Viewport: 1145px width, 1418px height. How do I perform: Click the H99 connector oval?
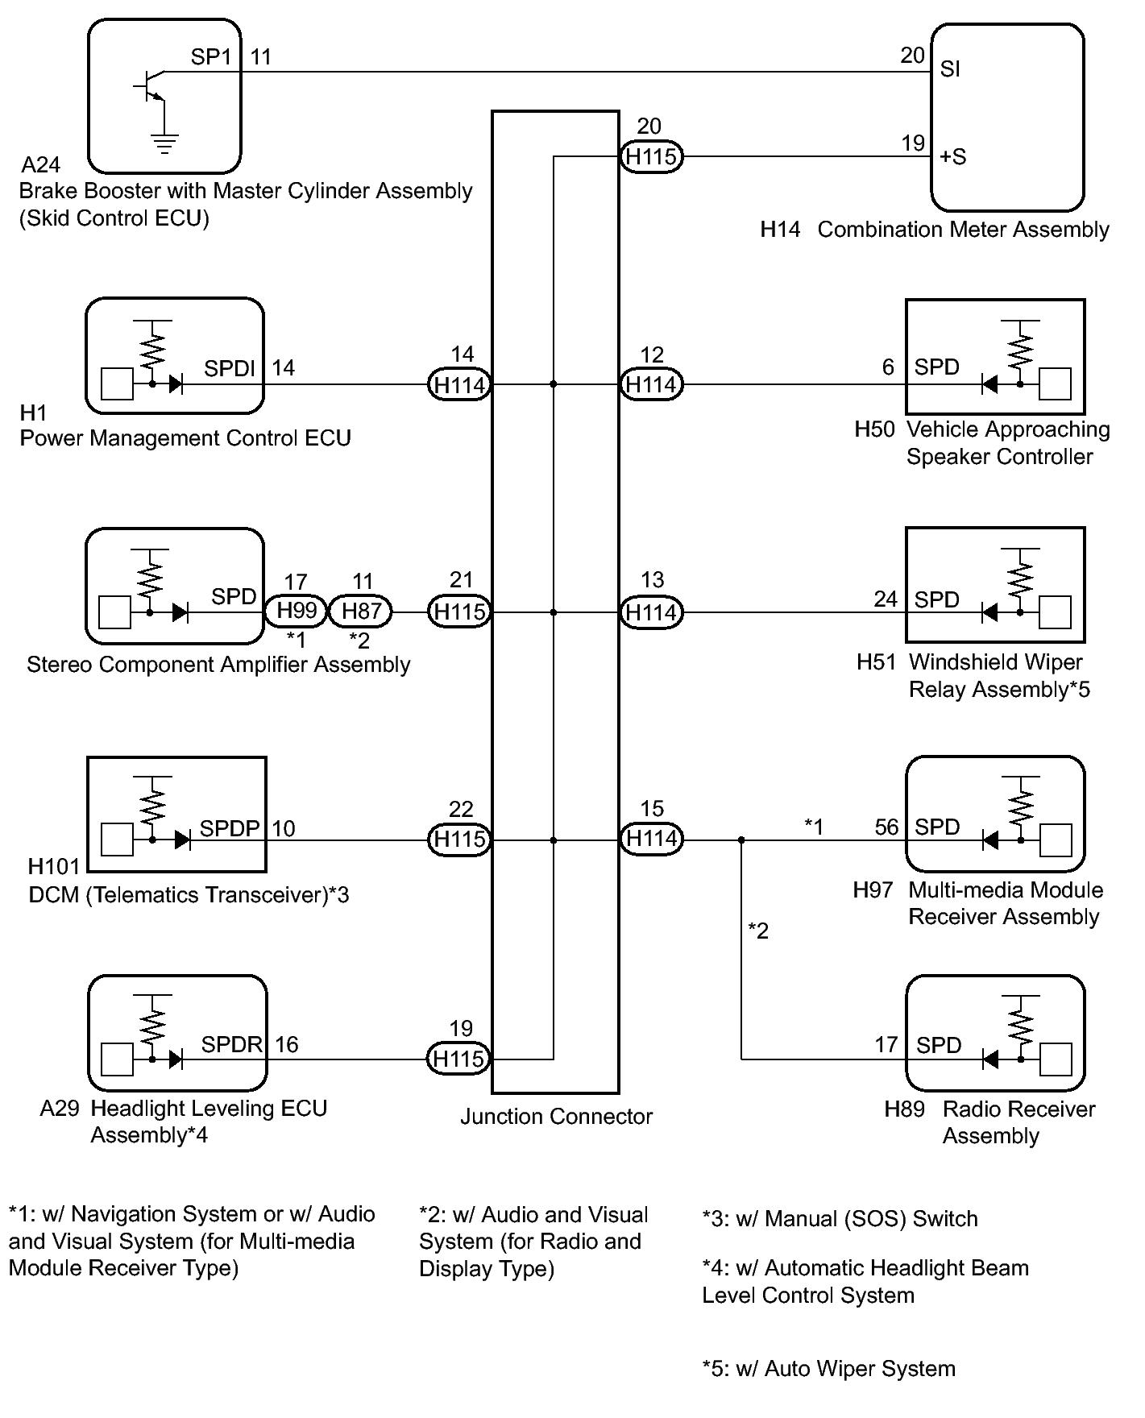pyautogui.click(x=297, y=612)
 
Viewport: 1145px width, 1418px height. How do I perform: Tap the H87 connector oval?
pyautogui.click(x=361, y=612)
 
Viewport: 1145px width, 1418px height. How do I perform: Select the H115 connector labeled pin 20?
pyautogui.click(x=651, y=156)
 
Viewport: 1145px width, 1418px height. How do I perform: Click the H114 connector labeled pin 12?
pyautogui.click(x=651, y=384)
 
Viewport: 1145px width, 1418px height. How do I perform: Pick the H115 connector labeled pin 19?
pyautogui.click(x=458, y=1059)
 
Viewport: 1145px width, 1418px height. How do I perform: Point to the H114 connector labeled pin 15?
pyautogui.click(x=651, y=840)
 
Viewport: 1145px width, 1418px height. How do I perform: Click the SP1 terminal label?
pyautogui.click(x=210, y=57)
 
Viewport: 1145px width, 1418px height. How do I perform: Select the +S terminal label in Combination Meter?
pyautogui.click(x=953, y=157)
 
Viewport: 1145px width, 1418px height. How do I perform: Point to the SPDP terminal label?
pyautogui.click(x=230, y=828)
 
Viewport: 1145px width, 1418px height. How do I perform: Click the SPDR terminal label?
pyautogui.click(x=232, y=1045)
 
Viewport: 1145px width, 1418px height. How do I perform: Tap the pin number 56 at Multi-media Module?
pyautogui.click(x=886, y=827)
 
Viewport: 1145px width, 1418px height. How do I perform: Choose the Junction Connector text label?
pyautogui.click(x=556, y=1117)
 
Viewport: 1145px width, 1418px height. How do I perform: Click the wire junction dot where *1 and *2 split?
pyautogui.click(x=741, y=840)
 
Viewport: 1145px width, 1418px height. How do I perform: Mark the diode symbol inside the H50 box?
pyautogui.click(x=989, y=384)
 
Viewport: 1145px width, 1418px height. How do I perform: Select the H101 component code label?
pyautogui.click(x=54, y=867)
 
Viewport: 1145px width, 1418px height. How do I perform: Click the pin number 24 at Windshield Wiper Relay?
pyautogui.click(x=886, y=599)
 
